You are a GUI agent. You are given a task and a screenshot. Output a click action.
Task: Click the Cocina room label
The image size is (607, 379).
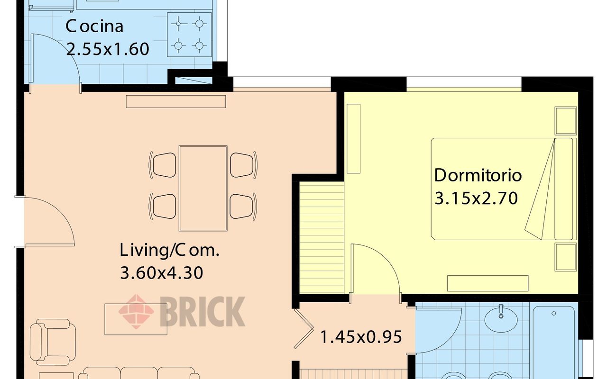tap(94, 26)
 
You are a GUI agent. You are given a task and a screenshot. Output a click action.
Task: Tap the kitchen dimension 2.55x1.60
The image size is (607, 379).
tap(108, 49)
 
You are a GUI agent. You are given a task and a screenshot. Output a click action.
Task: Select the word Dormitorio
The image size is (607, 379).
tap(478, 175)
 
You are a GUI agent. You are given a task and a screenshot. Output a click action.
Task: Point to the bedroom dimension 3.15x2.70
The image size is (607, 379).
tap(476, 198)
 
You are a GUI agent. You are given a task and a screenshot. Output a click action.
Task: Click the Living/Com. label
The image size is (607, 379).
tap(169, 250)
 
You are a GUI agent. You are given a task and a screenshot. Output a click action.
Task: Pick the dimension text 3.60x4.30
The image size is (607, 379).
tap(162, 272)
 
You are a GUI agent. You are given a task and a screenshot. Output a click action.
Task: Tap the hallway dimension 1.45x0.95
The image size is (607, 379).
tap(361, 337)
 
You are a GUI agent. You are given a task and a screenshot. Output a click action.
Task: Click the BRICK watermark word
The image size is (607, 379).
tap(202, 312)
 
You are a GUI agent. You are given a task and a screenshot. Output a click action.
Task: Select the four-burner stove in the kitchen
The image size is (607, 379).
tap(189, 35)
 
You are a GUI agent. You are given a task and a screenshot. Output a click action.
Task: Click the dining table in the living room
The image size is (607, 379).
tap(203, 189)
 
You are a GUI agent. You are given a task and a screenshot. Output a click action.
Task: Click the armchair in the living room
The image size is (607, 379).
tap(53, 342)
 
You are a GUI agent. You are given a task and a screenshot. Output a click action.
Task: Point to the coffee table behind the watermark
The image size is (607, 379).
tap(136, 319)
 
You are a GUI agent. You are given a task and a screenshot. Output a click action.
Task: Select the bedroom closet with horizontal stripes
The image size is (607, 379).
tap(322, 237)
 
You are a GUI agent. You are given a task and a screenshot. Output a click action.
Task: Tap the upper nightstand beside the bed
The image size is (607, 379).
tap(566, 121)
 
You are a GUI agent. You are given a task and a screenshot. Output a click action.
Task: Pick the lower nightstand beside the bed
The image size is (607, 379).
tap(566, 257)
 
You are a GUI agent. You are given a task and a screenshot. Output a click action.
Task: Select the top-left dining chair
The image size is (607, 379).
tap(163, 165)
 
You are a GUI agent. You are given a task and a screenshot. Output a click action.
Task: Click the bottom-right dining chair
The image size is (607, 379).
tap(243, 206)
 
